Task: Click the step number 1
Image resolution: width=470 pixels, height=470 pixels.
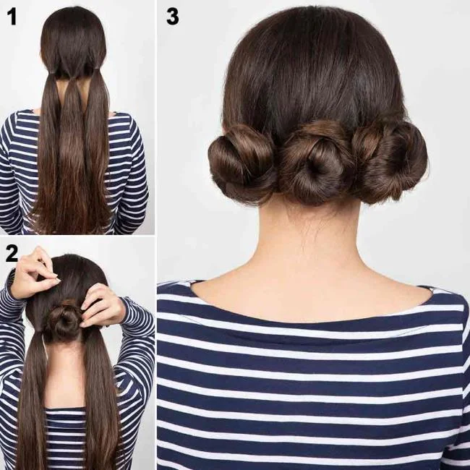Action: pyautogui.click(x=12, y=17)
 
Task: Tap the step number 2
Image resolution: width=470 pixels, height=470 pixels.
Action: pyautogui.click(x=12, y=253)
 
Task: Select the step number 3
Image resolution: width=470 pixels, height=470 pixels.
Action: pyautogui.click(x=172, y=16)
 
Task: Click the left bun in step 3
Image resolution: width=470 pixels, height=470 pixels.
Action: pyautogui.click(x=242, y=163)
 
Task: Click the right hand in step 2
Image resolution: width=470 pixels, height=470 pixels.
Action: pyautogui.click(x=102, y=304)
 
